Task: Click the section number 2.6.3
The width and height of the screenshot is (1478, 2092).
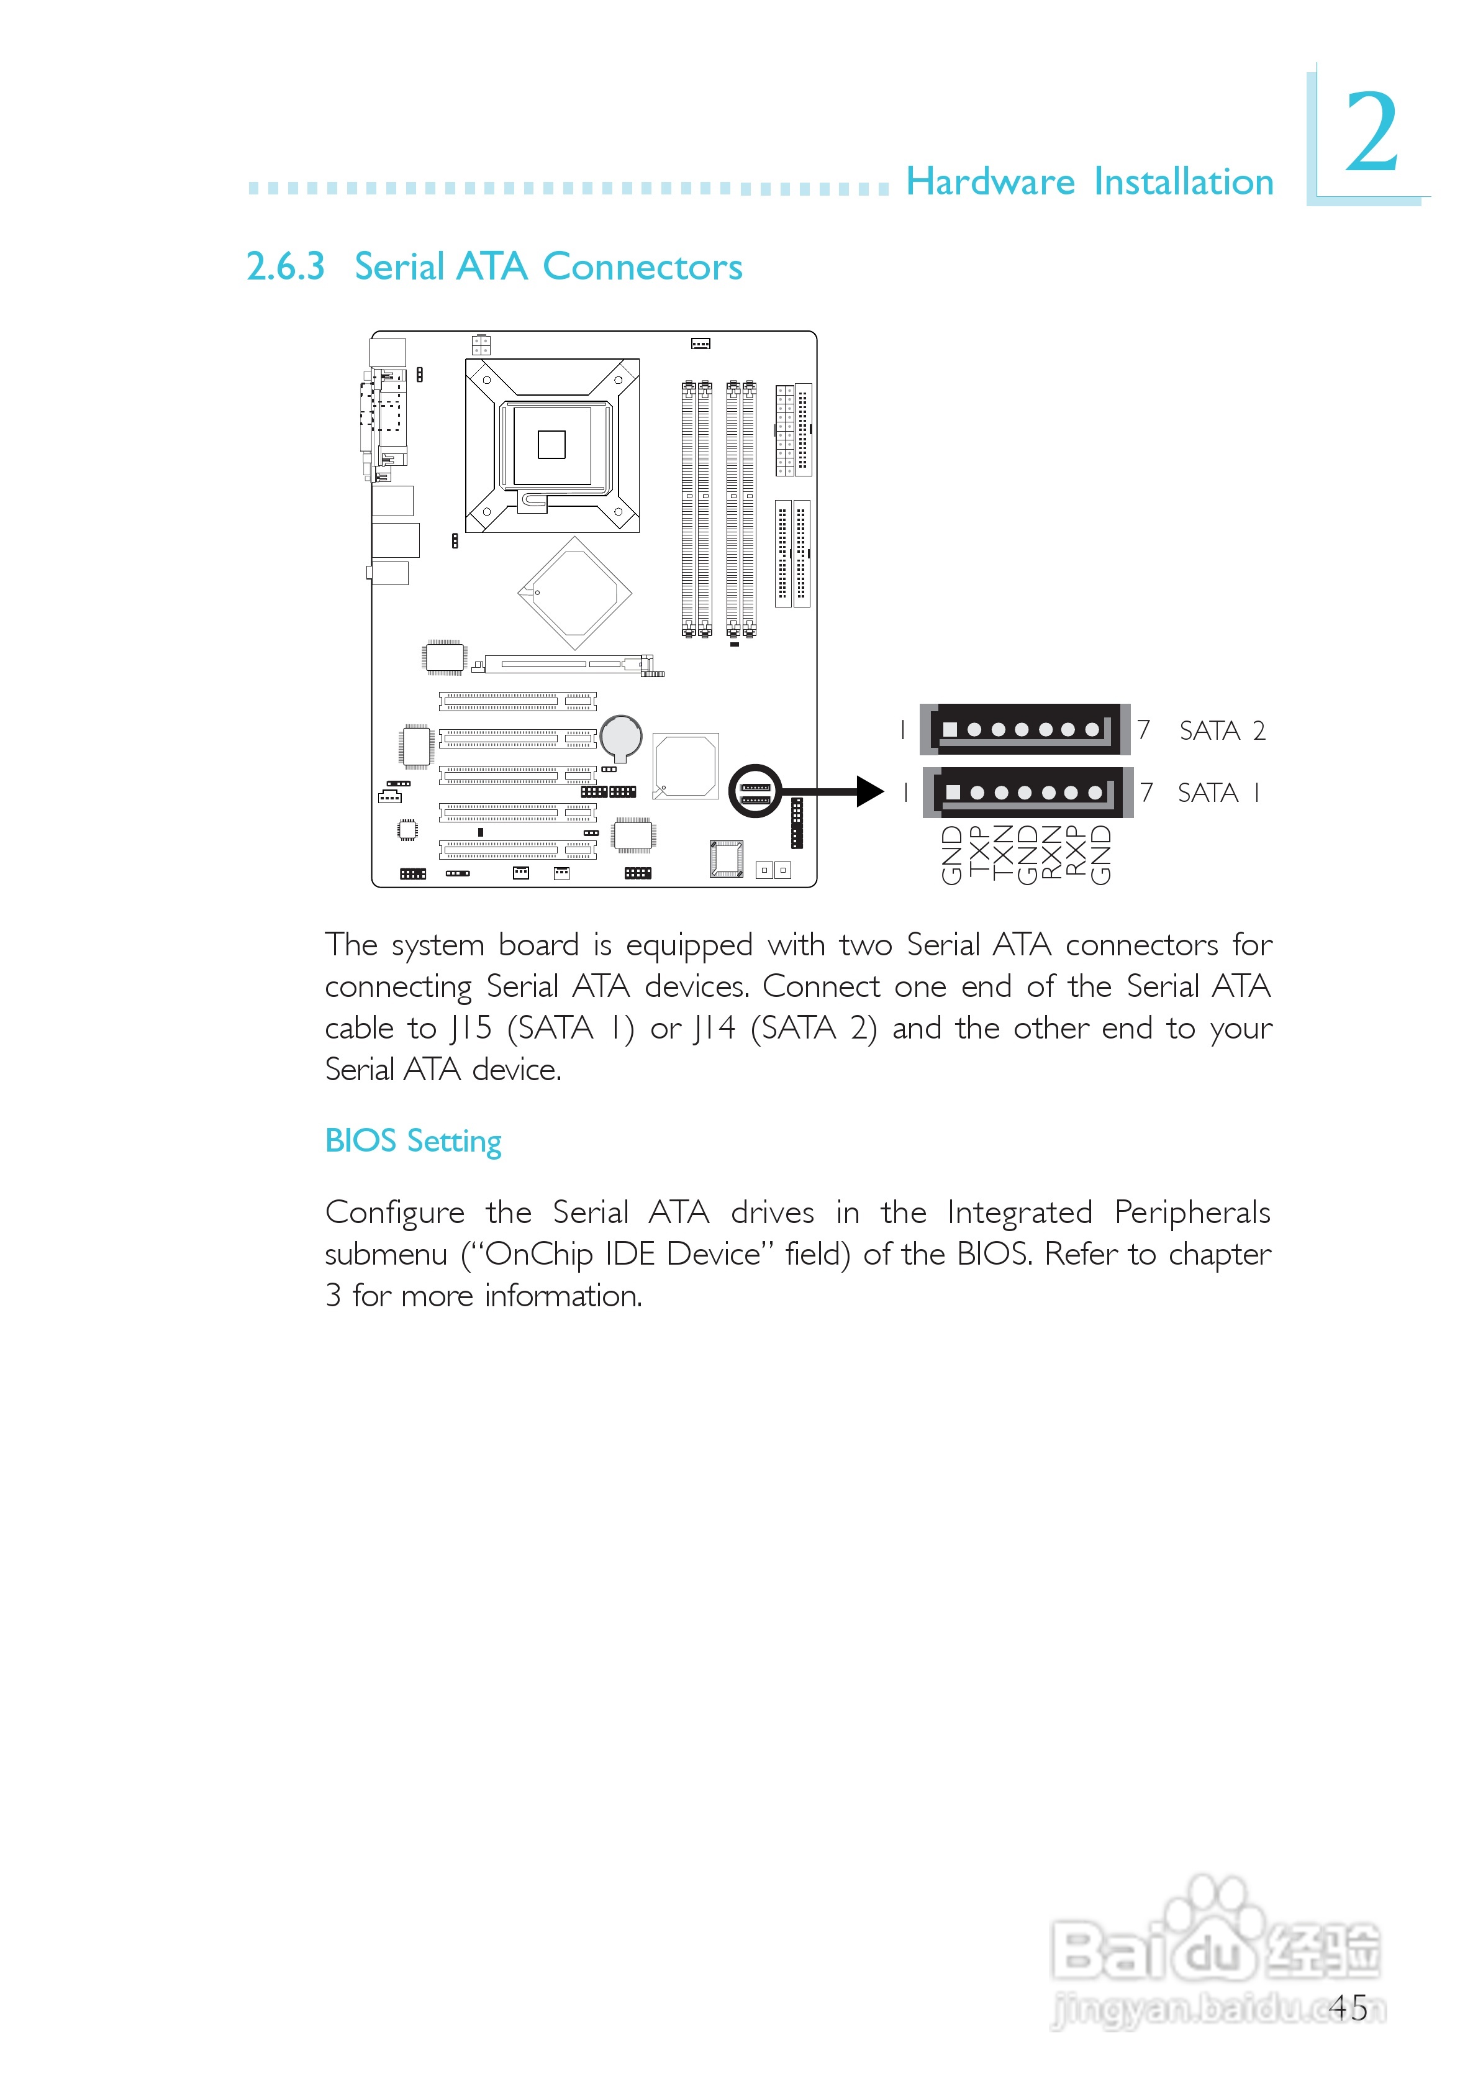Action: pos(285,267)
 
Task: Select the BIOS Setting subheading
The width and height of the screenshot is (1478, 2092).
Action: pos(413,1141)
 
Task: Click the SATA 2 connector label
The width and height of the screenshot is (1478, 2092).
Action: pos(1222,730)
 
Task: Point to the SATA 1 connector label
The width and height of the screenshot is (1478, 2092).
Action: pos(1218,793)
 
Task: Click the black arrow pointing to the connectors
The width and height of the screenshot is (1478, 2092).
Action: pos(834,791)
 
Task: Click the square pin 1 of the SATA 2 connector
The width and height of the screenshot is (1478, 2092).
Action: pos(950,730)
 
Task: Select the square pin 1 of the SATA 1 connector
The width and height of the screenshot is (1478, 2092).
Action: pos(953,792)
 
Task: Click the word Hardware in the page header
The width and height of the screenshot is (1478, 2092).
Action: pos(991,182)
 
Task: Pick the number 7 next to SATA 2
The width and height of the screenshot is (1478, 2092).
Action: pos(1143,730)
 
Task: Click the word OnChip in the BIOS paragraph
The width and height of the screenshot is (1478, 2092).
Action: pos(538,1255)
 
